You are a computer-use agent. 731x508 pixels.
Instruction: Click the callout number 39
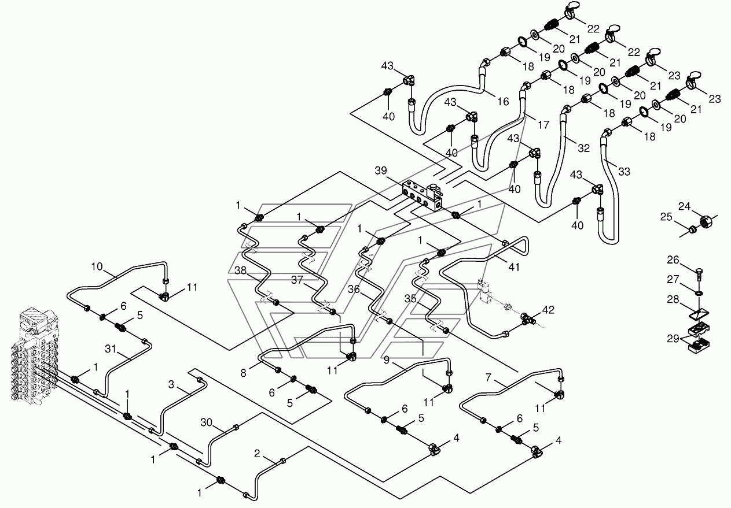click(x=380, y=170)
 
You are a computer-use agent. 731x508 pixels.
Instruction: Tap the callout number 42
click(x=548, y=310)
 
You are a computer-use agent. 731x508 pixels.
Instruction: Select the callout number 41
click(x=514, y=267)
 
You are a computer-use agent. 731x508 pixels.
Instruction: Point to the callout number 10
click(x=97, y=266)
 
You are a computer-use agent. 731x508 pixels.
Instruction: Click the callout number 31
click(x=111, y=348)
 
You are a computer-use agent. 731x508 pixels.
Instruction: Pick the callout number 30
click(x=206, y=422)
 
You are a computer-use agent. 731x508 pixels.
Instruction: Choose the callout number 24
click(x=685, y=206)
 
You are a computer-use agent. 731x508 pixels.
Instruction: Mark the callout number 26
click(x=673, y=259)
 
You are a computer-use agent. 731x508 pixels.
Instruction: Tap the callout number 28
click(x=673, y=299)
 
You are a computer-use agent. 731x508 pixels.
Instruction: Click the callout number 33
click(x=625, y=172)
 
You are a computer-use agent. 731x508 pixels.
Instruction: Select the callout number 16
click(x=503, y=102)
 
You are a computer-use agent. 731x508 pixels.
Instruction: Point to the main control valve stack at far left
click(x=34, y=355)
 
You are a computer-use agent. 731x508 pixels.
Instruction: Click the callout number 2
click(x=257, y=453)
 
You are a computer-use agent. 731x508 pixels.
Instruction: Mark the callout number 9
click(x=387, y=360)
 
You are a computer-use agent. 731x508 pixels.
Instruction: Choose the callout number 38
click(x=241, y=270)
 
